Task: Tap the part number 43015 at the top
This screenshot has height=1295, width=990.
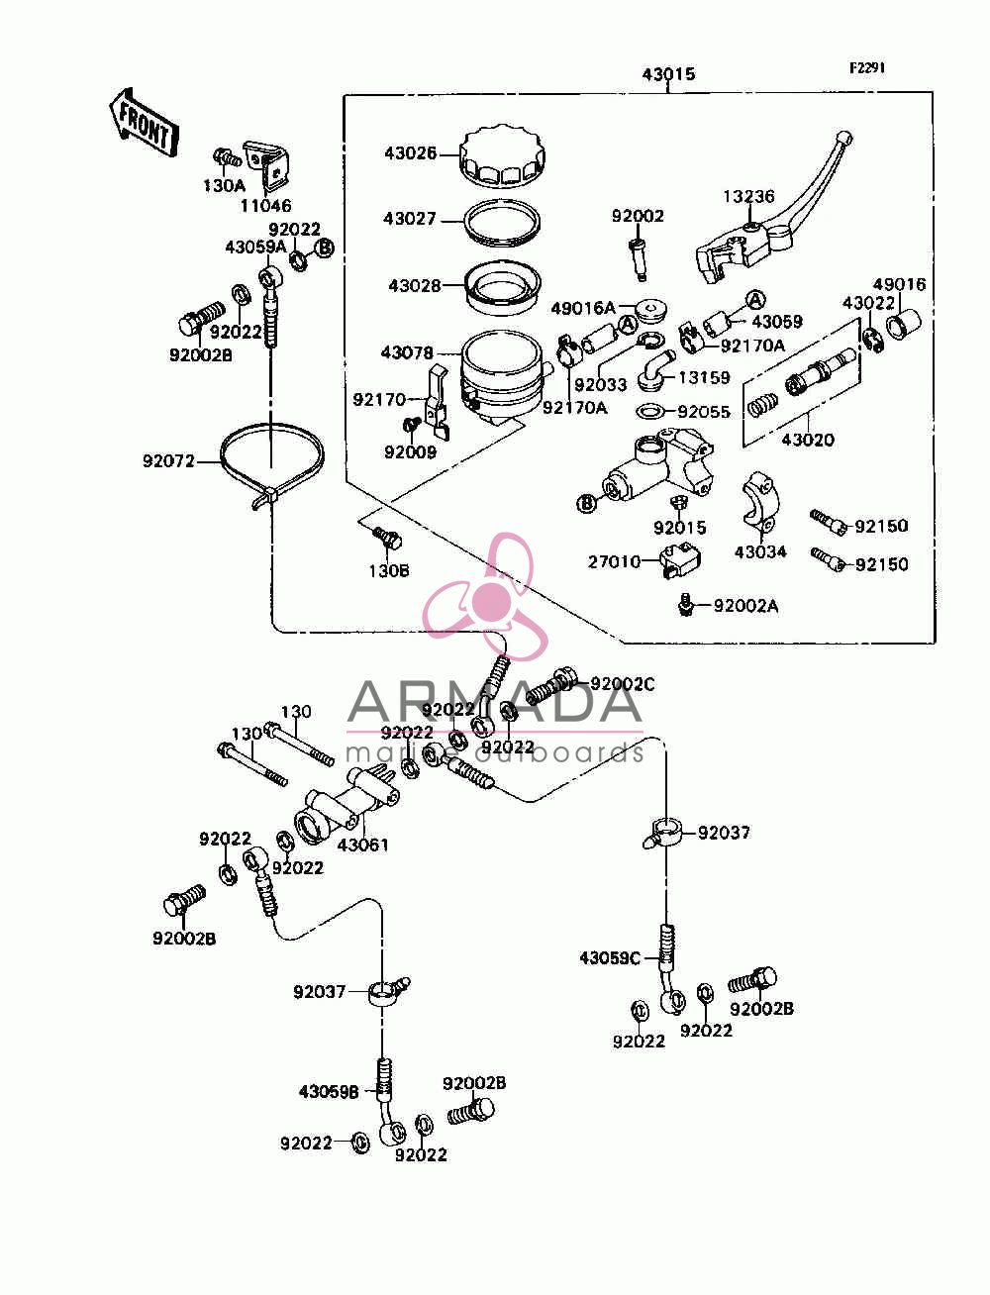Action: click(x=668, y=74)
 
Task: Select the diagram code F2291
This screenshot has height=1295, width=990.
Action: click(x=866, y=68)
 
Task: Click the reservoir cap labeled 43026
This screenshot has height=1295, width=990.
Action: click(x=503, y=157)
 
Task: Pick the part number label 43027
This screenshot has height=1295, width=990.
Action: click(x=410, y=219)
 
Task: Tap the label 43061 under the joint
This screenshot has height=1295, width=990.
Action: click(x=363, y=845)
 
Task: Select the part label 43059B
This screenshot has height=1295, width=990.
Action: click(x=329, y=1092)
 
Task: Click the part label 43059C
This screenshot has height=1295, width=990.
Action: click(x=610, y=958)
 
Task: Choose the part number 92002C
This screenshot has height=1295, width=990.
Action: click(x=623, y=684)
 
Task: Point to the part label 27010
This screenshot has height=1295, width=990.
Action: click(x=614, y=561)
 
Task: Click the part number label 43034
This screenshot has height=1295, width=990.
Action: click(x=760, y=551)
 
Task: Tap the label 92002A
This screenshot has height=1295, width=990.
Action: click(x=745, y=606)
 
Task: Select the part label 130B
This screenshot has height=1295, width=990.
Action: click(x=389, y=570)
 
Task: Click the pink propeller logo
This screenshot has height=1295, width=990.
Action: click(x=486, y=596)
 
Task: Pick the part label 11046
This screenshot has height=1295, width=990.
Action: click(x=265, y=205)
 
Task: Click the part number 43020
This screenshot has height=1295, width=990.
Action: click(x=808, y=440)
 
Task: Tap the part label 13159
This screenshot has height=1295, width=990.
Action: click(x=704, y=377)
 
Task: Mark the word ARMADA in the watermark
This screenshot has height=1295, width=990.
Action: click(x=495, y=702)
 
